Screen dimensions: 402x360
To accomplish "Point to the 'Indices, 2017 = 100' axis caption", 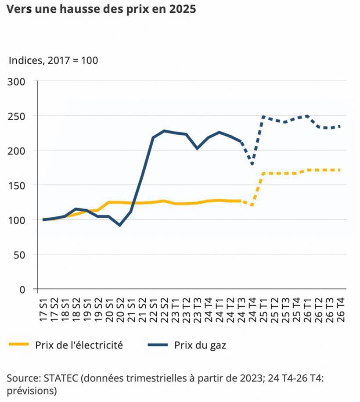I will (x=53, y=60).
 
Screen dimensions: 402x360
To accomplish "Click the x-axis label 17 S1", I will (x=43, y=309).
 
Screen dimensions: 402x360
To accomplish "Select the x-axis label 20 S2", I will (x=120, y=309).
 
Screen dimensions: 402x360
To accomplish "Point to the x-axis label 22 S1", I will (x=153, y=309).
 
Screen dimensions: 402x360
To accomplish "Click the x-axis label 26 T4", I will (x=340, y=309).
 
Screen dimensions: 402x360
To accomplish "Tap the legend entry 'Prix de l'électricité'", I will (x=79, y=345).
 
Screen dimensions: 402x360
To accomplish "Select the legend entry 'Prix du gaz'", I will (x=200, y=345).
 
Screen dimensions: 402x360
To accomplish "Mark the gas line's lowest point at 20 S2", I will (x=119, y=225).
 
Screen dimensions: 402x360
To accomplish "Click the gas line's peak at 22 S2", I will (x=164, y=131).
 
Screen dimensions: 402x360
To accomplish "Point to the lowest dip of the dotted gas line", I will (x=252, y=165).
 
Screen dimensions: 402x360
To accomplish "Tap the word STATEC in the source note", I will (x=60, y=378).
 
